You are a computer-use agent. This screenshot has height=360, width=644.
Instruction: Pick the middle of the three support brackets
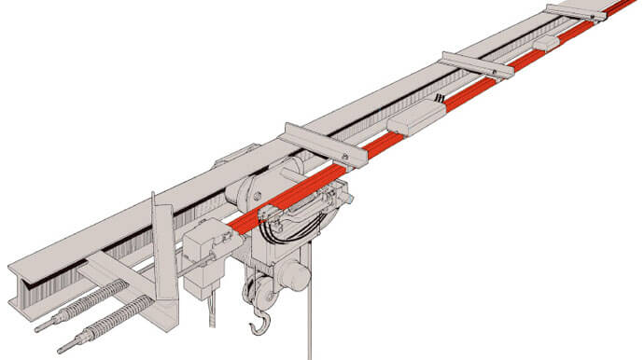pyautogui.click(x=476, y=64)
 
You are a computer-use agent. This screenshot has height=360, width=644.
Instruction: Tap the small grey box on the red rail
pyautogui.click(x=545, y=43)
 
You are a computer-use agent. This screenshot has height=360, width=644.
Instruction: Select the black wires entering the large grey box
pyautogui.click(x=439, y=99)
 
